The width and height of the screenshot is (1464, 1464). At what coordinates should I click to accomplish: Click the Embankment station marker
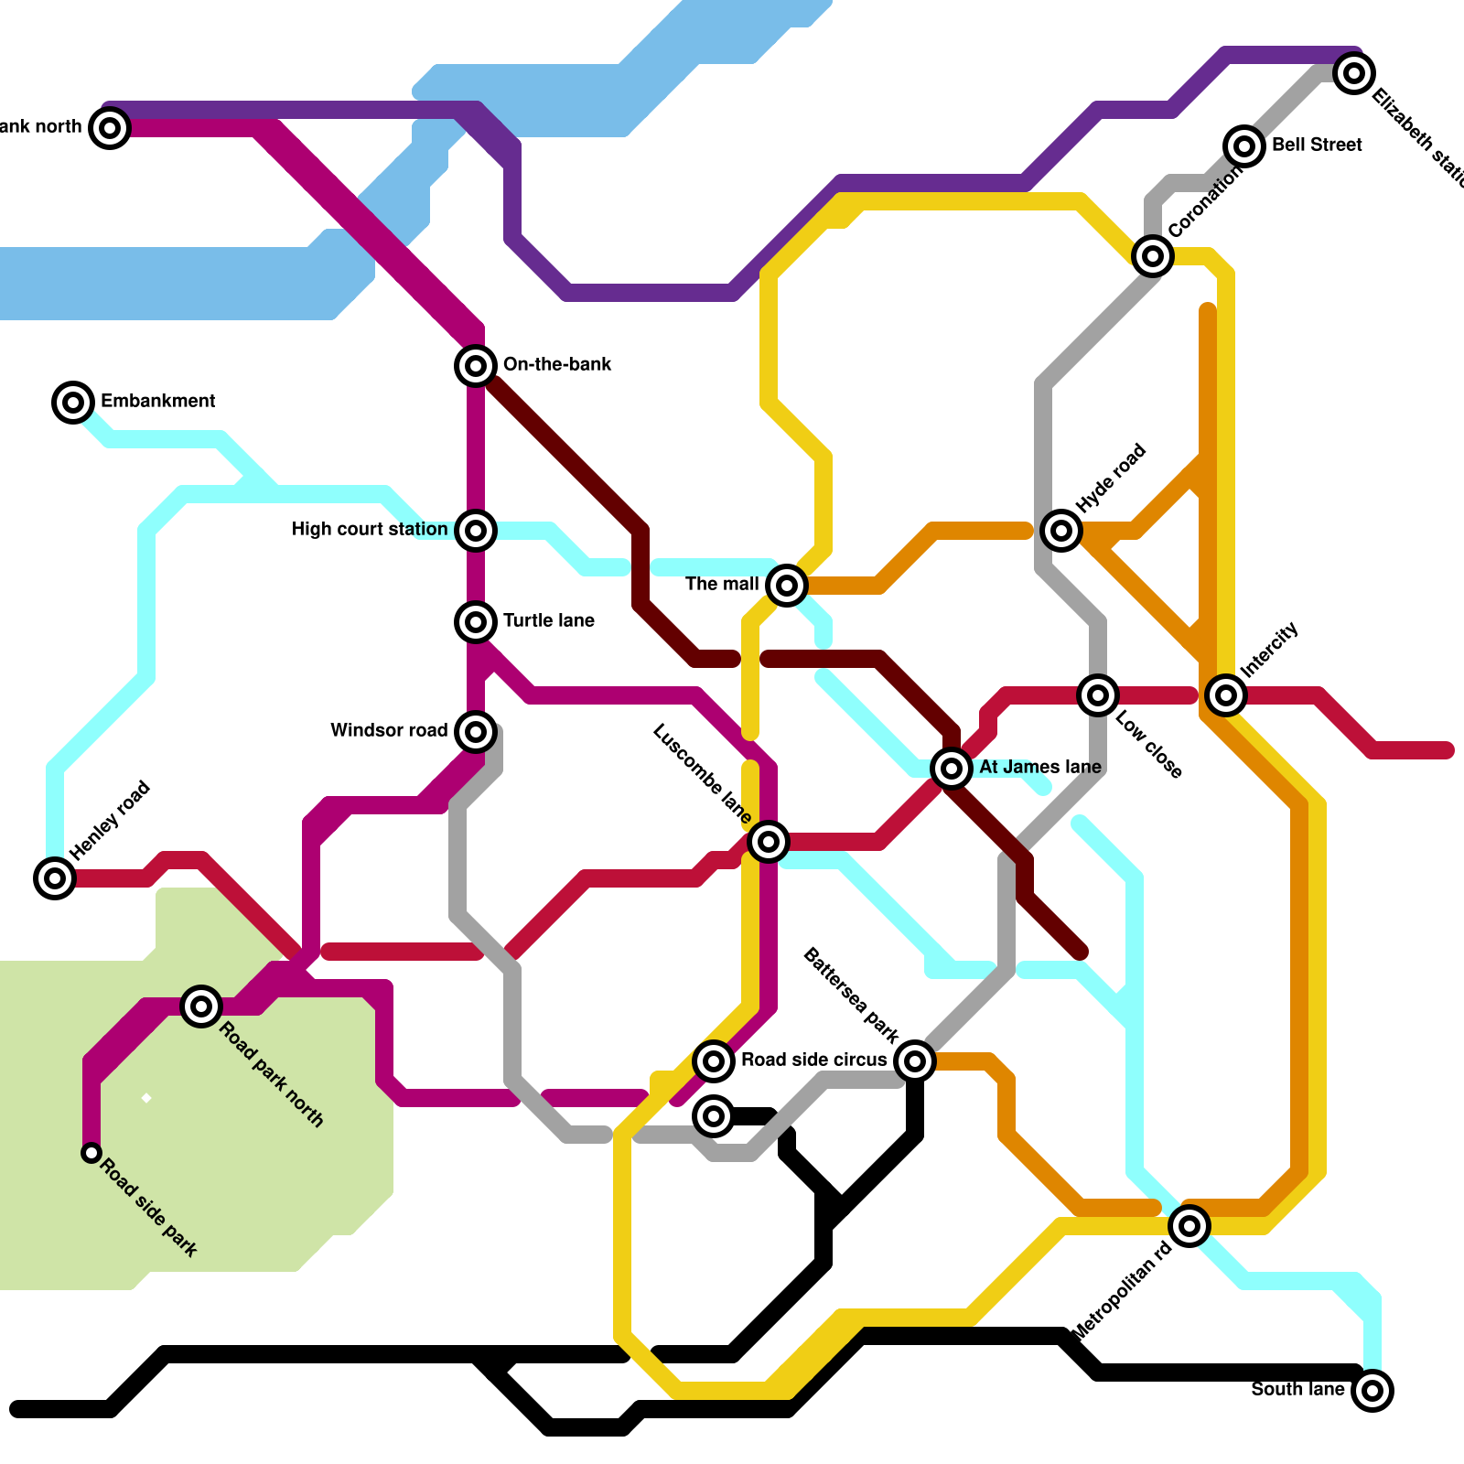[73, 402]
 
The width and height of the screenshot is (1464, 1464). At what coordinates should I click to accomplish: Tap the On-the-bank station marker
[476, 366]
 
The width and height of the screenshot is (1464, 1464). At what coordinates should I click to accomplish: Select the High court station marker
[476, 530]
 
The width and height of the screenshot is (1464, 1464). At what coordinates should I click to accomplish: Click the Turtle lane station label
[548, 620]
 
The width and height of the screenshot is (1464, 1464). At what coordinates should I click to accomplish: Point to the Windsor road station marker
[476, 731]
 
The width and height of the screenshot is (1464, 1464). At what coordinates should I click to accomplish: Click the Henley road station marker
[55, 878]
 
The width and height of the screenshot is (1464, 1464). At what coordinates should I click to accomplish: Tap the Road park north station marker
[201, 1006]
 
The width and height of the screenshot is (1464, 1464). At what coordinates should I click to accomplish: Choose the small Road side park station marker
[91, 1153]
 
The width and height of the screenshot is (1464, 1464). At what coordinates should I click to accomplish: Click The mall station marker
[787, 585]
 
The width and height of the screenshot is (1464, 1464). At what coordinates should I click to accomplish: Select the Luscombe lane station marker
[769, 841]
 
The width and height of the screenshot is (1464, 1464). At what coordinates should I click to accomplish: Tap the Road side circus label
[813, 1060]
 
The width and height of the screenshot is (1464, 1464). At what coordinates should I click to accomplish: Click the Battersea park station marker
[915, 1061]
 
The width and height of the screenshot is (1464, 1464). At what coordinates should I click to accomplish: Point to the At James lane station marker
[952, 768]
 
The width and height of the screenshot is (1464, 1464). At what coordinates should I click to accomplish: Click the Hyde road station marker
[1061, 530]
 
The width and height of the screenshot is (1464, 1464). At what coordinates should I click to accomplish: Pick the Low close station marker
[1098, 695]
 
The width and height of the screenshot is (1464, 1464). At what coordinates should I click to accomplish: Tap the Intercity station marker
[1226, 695]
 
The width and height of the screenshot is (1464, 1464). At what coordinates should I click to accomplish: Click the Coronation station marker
[1153, 256]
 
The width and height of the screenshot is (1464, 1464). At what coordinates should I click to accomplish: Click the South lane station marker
[1372, 1391]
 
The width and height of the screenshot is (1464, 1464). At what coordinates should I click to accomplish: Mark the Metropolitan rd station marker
[1189, 1225]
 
